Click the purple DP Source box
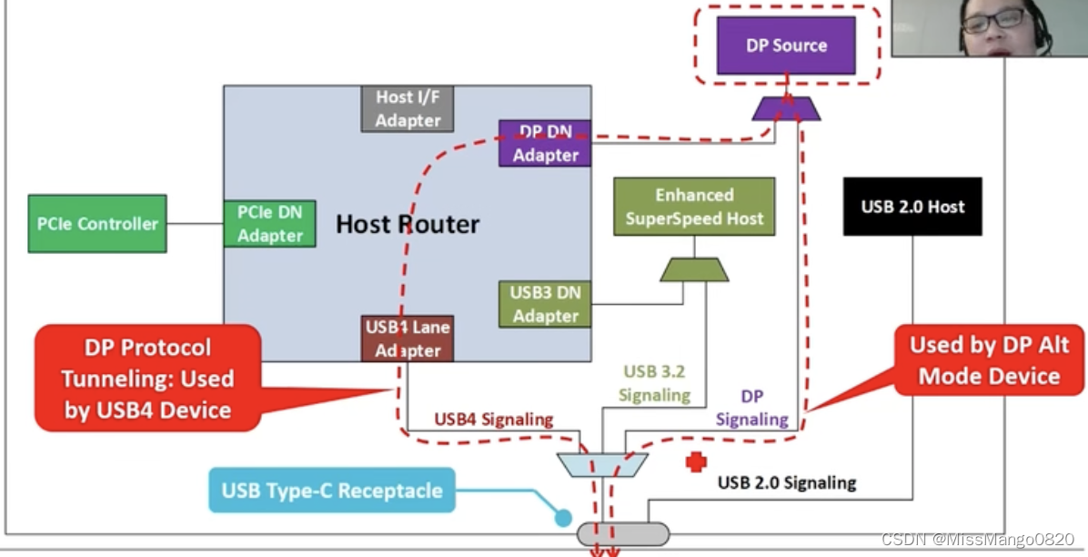pyautogui.click(x=786, y=46)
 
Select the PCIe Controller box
pyautogui.click(x=97, y=224)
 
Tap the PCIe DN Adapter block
pyautogui.click(x=269, y=224)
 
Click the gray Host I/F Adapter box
pyautogui.click(x=408, y=109)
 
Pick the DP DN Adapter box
pyautogui.click(x=544, y=144)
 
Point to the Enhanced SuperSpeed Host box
pyautogui.click(x=694, y=207)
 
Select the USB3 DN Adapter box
pyautogui.click(x=544, y=304)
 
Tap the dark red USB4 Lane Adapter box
pyautogui.click(x=408, y=338)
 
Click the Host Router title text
pyautogui.click(x=408, y=224)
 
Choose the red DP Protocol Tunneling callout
pyautogui.click(x=147, y=379)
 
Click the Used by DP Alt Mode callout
pyautogui.click(x=989, y=360)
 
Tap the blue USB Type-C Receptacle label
pyautogui.click(x=332, y=491)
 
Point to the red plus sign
pyautogui.click(x=696, y=461)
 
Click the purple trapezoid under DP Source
pyautogui.click(x=786, y=109)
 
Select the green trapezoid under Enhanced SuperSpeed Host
pyautogui.click(x=694, y=269)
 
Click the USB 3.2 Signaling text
pyautogui.click(x=653, y=383)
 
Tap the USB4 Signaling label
pyautogui.click(x=493, y=420)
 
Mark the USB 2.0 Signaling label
pyautogui.click(x=787, y=482)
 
